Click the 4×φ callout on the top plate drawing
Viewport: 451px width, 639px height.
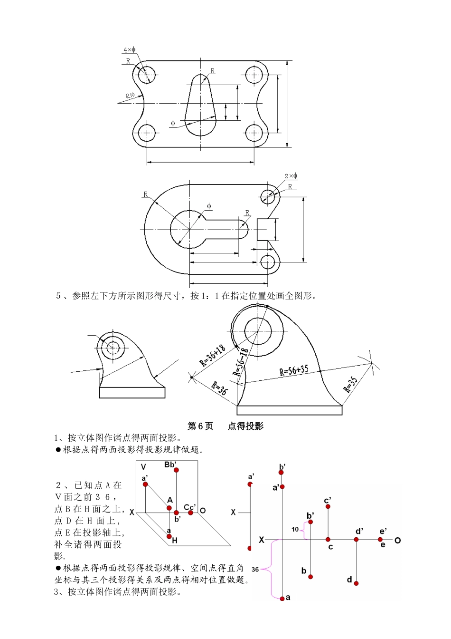coord(129,50)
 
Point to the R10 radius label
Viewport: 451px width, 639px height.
coord(130,96)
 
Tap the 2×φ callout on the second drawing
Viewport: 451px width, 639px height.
coord(291,176)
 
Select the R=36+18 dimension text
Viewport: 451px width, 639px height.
coord(213,356)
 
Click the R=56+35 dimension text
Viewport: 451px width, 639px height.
coord(293,370)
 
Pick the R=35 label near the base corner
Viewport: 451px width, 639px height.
coord(350,384)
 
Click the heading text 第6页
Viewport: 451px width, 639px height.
coord(200,426)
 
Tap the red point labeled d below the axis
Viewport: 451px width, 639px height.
coord(356,583)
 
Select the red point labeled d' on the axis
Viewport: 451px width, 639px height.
coord(356,540)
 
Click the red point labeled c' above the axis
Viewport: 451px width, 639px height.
coord(328,507)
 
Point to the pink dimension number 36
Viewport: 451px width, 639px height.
coord(255,569)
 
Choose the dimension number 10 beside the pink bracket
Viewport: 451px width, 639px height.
coord(295,529)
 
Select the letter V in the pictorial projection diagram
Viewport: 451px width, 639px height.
coord(143,467)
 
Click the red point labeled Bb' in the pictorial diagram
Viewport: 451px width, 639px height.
coord(176,470)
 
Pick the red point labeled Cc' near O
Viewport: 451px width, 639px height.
coord(190,513)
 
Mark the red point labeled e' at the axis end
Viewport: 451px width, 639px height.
coord(380,539)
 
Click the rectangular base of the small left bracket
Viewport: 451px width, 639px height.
coord(132,392)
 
